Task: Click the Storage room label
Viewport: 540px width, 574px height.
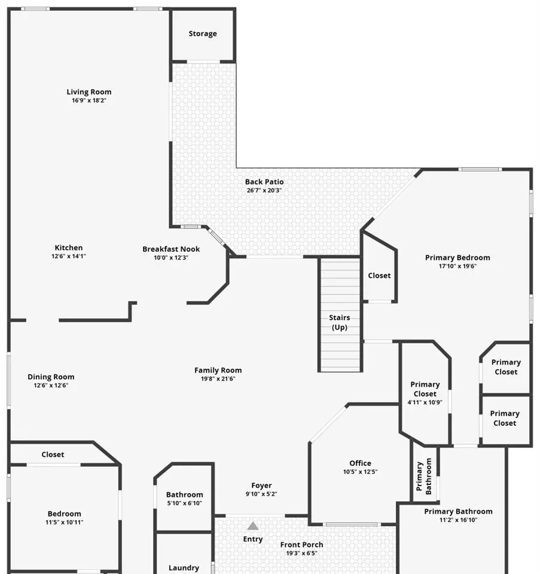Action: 203,33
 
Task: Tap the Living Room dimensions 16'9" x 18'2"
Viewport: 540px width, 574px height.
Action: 89,100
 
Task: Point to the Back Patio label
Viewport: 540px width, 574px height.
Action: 264,182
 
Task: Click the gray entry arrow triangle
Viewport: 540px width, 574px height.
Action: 252,526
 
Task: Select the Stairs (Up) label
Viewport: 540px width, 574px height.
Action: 340,322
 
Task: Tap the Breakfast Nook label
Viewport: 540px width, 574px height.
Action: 171,249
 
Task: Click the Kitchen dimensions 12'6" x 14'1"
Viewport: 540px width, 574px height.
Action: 68,257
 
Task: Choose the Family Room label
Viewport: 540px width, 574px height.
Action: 218,371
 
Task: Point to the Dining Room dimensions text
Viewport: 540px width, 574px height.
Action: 51,385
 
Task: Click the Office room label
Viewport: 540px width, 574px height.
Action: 360,463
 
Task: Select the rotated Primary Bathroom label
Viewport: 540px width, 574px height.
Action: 423,477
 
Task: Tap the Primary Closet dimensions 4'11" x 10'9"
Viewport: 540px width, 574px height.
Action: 425,402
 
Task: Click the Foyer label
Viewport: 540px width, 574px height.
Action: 261,486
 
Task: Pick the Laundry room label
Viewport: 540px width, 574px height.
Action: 184,568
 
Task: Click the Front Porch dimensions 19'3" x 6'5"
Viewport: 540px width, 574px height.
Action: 301,553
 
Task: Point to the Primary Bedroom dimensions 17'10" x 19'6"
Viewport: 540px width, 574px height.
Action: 457,266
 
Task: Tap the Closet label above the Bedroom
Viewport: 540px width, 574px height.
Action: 53,454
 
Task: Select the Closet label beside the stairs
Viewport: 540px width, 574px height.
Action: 379,276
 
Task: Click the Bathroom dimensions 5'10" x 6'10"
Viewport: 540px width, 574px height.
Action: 185,503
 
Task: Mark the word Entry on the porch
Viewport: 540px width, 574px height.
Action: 253,539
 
